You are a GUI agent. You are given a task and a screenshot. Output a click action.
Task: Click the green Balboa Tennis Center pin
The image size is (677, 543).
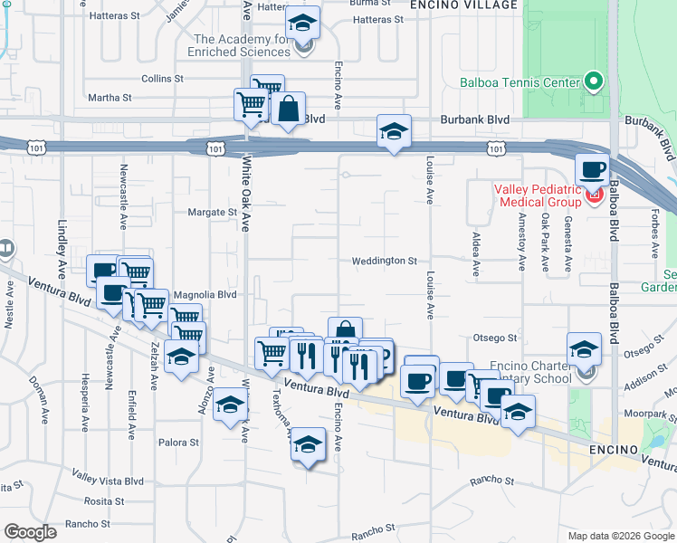[594, 82]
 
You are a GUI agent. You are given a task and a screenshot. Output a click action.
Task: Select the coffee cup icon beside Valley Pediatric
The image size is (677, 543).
[593, 169]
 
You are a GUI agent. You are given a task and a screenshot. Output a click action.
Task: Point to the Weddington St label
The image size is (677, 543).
[385, 261]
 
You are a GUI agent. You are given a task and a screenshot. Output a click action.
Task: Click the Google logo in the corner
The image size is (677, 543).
[30, 532]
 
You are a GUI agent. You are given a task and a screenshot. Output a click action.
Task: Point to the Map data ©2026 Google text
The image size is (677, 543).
[620, 535]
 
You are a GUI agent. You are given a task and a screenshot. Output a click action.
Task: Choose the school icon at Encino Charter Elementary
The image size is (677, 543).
[585, 350]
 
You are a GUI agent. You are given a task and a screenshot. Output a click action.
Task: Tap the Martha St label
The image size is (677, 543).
[109, 97]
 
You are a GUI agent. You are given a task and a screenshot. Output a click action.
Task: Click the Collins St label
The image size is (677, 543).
[162, 79]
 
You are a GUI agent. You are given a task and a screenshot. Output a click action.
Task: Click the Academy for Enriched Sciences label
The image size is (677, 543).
[243, 45]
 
